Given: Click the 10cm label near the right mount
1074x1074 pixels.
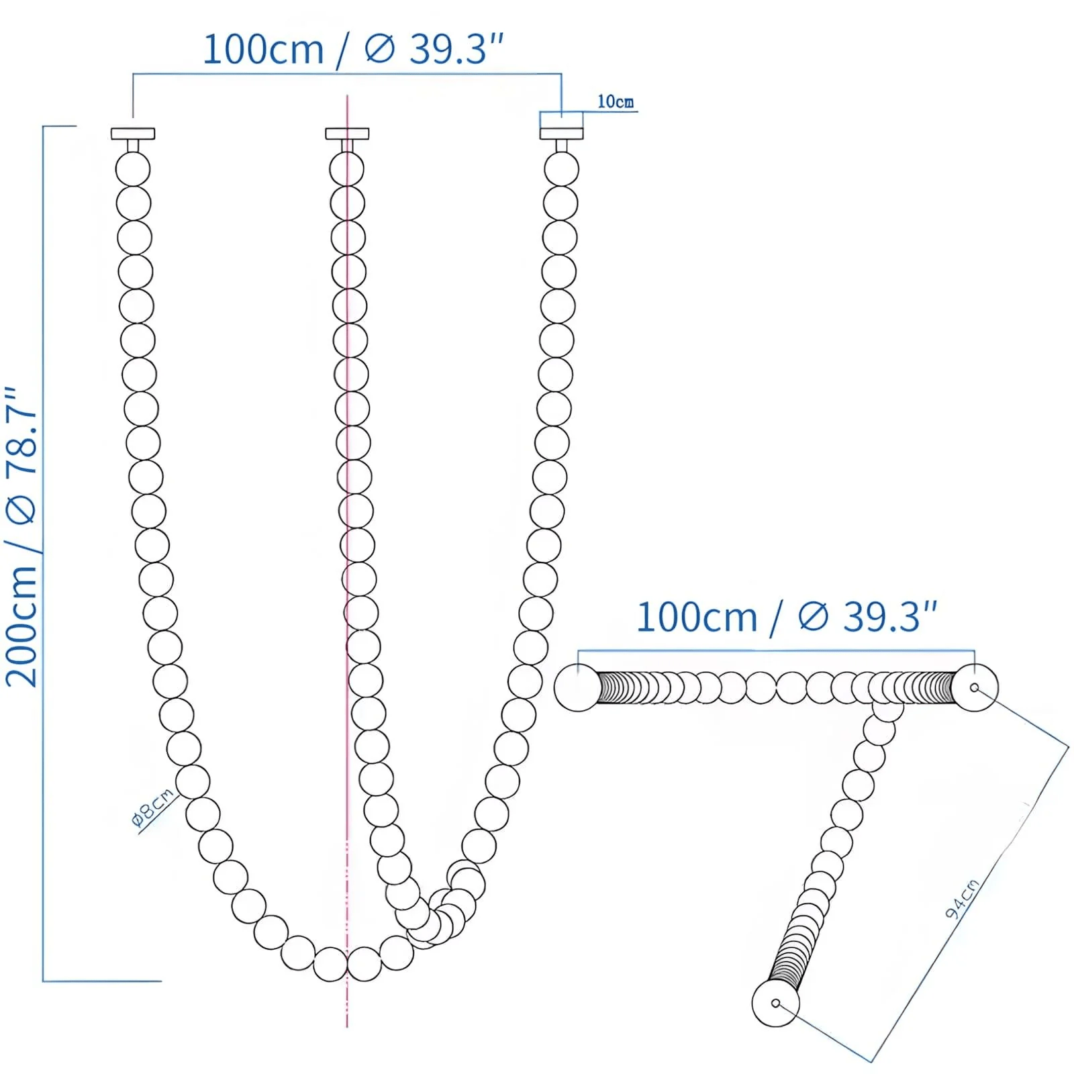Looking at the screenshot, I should pos(615,101).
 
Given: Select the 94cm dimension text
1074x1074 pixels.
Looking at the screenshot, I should pos(962,899).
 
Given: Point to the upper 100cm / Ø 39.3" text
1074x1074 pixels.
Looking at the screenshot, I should pos(352,49).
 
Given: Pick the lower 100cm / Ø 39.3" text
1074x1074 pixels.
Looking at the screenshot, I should pos(785,617).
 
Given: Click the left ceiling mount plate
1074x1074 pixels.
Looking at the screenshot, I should pos(133,134).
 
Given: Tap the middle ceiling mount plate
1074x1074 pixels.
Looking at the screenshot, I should pos(347,134).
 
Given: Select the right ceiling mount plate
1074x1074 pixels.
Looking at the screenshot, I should pos(562,134).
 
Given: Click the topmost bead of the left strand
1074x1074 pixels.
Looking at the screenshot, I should pos(133,169).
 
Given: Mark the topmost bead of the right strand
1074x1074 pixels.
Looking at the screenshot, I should pos(561,169).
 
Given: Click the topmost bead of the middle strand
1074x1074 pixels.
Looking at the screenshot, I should pos(347,169).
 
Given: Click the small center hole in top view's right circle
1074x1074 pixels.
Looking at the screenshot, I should pos(974,687).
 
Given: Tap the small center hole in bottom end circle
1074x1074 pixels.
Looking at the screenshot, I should pos(775,1003).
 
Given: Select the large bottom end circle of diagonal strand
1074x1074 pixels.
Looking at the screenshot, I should pos(775,1003).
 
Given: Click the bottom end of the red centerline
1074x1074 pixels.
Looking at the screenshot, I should pos(347,1025).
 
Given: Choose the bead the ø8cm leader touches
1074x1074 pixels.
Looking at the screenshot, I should pos(193,781).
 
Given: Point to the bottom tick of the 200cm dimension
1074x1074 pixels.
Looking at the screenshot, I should pos(101,981).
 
